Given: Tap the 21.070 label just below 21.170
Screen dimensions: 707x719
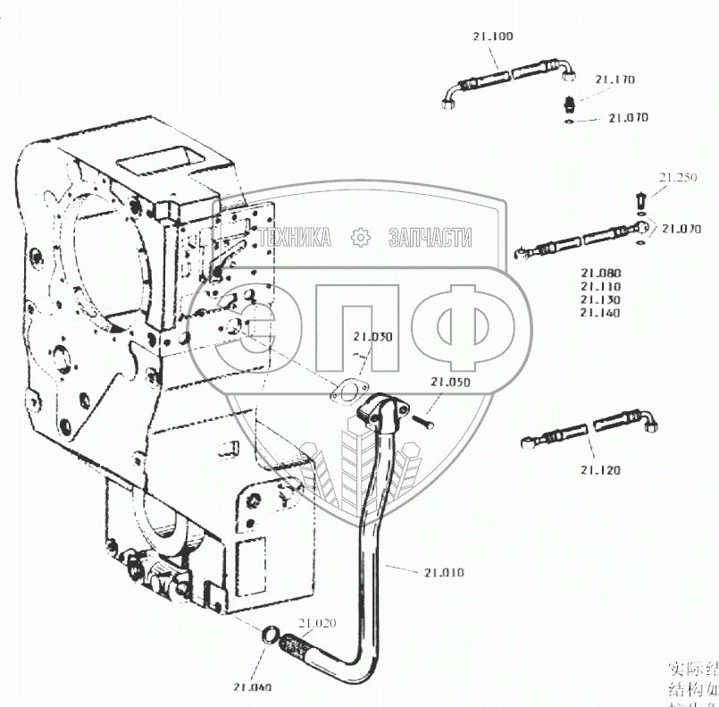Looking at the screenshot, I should [628, 118].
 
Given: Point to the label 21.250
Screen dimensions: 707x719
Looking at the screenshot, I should [678, 178].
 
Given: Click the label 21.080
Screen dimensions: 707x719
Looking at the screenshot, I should [599, 274].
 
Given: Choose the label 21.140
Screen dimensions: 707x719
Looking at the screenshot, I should [599, 313].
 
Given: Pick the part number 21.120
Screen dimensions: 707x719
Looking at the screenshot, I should [599, 470].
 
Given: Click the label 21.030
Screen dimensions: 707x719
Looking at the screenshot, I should [372, 337].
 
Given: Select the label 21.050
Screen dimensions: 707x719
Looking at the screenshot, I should [449, 382].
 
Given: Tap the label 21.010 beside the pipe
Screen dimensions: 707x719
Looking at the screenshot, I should [444, 571].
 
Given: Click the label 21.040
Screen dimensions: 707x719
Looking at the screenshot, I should [253, 687].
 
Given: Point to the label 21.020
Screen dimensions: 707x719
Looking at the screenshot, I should [316, 623].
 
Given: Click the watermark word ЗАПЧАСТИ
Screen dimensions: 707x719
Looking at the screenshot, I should [430, 238].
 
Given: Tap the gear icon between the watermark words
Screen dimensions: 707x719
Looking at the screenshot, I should [361, 238].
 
